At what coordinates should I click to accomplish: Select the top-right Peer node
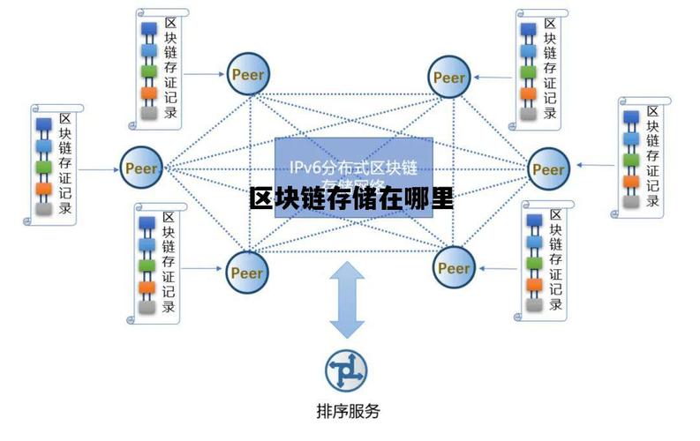(450, 78)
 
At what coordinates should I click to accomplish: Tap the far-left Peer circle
(141, 166)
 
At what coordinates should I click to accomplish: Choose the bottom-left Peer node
(247, 272)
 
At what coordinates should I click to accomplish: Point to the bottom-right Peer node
(454, 267)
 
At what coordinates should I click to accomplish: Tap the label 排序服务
(348, 410)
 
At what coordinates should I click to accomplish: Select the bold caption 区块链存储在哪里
(351, 198)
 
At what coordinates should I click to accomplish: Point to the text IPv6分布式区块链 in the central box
(354, 167)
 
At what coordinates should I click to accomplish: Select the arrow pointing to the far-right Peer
(593, 166)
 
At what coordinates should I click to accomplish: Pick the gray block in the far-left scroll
(41, 209)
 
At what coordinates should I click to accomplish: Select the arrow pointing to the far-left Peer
(96, 166)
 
